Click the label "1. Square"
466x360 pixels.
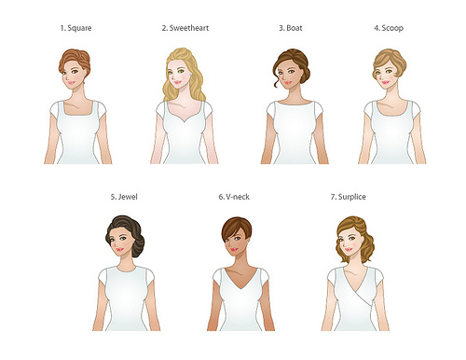(75, 28)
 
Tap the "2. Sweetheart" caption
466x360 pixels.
(185, 28)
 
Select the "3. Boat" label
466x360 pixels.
(291, 28)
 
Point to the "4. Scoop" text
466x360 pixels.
(389, 28)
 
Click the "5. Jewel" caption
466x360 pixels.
(124, 197)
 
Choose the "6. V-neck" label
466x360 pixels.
(234, 197)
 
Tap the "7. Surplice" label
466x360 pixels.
(348, 197)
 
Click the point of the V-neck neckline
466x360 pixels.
(240, 288)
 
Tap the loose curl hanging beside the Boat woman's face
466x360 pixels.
(277, 81)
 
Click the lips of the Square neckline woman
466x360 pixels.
(71, 83)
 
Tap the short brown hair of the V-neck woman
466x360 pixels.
(237, 228)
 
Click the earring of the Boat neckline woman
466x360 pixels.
(302, 75)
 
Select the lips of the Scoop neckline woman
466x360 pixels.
(385, 82)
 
